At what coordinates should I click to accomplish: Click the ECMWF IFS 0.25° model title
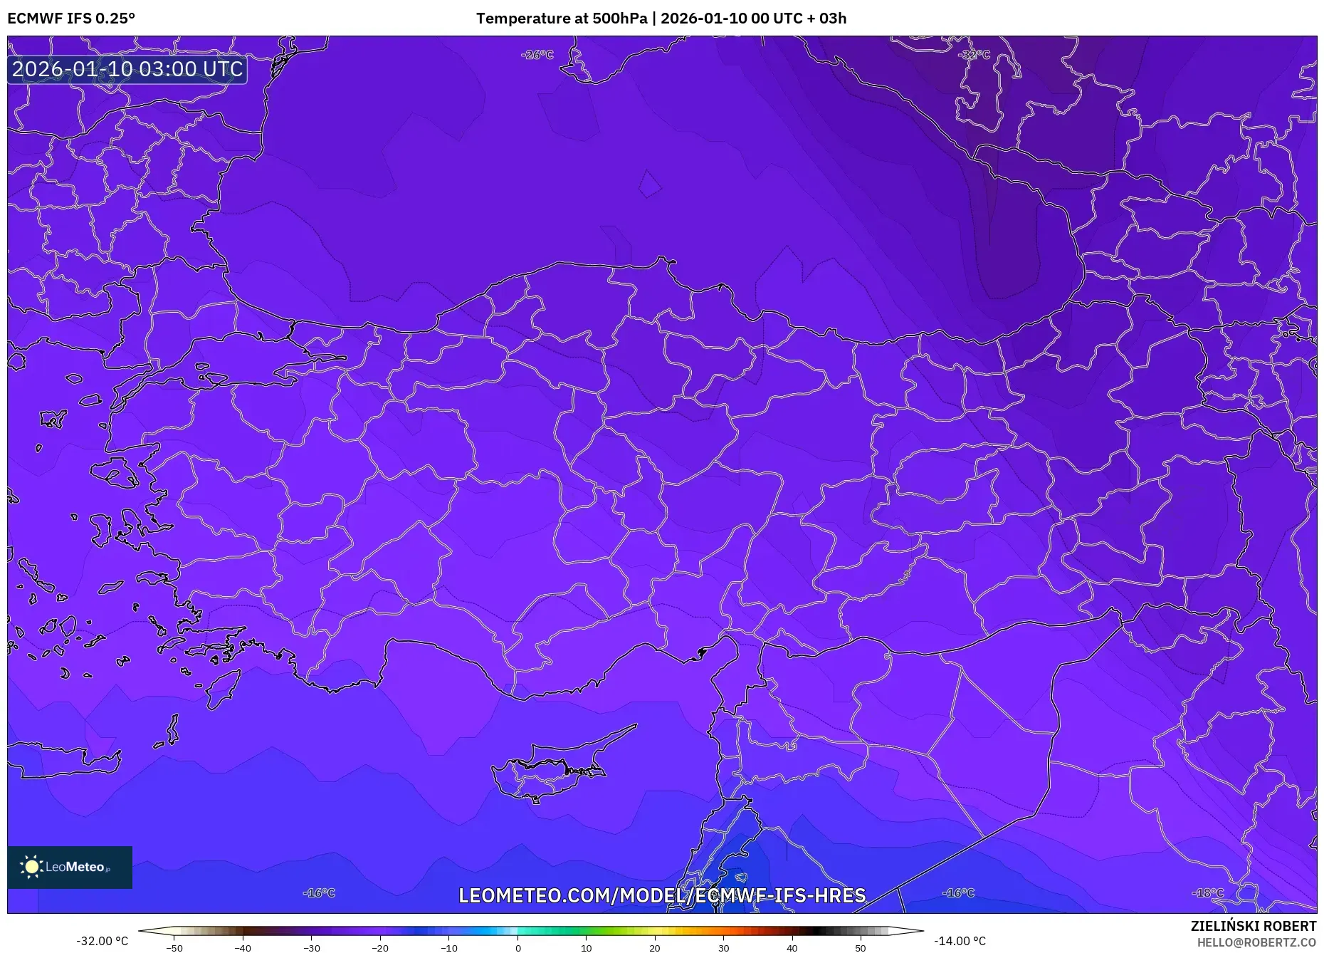point(71,19)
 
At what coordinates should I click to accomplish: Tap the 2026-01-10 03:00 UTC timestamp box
point(127,69)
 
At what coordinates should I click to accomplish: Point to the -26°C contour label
point(537,55)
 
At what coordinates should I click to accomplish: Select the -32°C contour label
point(973,55)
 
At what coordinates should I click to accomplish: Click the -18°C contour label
point(1208,893)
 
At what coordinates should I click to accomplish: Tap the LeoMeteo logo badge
point(70,867)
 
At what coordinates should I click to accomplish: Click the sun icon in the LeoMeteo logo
point(31,867)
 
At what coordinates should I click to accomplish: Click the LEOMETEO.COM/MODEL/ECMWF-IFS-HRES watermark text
point(662,895)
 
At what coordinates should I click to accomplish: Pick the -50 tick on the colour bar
point(174,947)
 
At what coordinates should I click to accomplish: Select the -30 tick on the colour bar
point(312,947)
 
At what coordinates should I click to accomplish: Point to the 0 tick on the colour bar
point(518,947)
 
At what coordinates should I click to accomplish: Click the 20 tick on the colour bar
point(655,947)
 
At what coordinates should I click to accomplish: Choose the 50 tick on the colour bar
point(861,947)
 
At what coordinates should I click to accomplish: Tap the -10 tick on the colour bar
point(449,947)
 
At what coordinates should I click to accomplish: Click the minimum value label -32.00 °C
point(103,941)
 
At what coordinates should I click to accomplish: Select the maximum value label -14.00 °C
point(960,941)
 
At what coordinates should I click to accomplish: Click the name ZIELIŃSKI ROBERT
point(1253,926)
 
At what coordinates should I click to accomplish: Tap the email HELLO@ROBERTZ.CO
point(1256,942)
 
